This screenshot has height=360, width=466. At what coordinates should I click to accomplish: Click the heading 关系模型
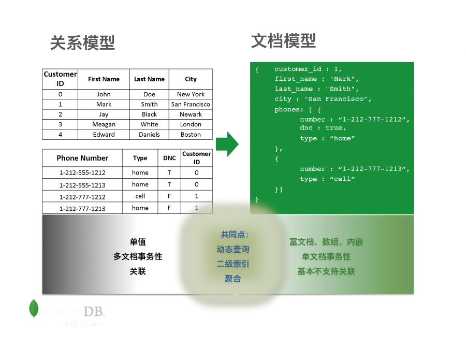pyautogui.click(x=82, y=42)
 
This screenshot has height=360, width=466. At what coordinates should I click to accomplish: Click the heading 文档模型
pyautogui.click(x=283, y=41)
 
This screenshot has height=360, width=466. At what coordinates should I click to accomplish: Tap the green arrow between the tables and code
pyautogui.click(x=226, y=143)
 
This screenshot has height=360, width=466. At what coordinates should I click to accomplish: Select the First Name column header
pyautogui.click(x=104, y=79)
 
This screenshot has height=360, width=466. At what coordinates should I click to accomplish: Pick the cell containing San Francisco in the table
pyautogui.click(x=191, y=104)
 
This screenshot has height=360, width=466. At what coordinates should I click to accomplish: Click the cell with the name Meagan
pyautogui.click(x=104, y=124)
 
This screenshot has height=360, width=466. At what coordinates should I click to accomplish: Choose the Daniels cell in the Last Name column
pyautogui.click(x=149, y=134)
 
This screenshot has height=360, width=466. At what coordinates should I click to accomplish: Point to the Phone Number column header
pyautogui.click(x=82, y=158)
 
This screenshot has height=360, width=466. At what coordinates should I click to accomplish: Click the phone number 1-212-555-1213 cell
pyautogui.click(x=82, y=184)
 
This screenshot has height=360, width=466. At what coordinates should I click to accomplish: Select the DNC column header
pyautogui.click(x=169, y=158)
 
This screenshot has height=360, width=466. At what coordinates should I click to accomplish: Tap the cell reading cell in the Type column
pyautogui.click(x=140, y=196)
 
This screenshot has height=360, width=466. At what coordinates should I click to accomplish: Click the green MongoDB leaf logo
pyautogui.click(x=34, y=309)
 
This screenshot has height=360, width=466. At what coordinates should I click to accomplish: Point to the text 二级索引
pyautogui.click(x=233, y=264)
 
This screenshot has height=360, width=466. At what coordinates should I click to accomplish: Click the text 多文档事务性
pyautogui.click(x=138, y=256)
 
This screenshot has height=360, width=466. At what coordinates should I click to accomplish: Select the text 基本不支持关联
pyautogui.click(x=326, y=271)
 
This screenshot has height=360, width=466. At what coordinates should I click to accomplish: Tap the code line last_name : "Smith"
pyautogui.click(x=316, y=89)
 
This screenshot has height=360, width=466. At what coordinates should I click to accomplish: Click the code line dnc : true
pyautogui.click(x=323, y=128)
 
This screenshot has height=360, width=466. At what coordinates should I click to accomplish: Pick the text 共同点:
pyautogui.click(x=234, y=235)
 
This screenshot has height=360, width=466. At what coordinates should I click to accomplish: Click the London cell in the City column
pyautogui.click(x=191, y=124)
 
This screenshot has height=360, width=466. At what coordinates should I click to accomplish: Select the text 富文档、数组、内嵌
pyautogui.click(x=326, y=242)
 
